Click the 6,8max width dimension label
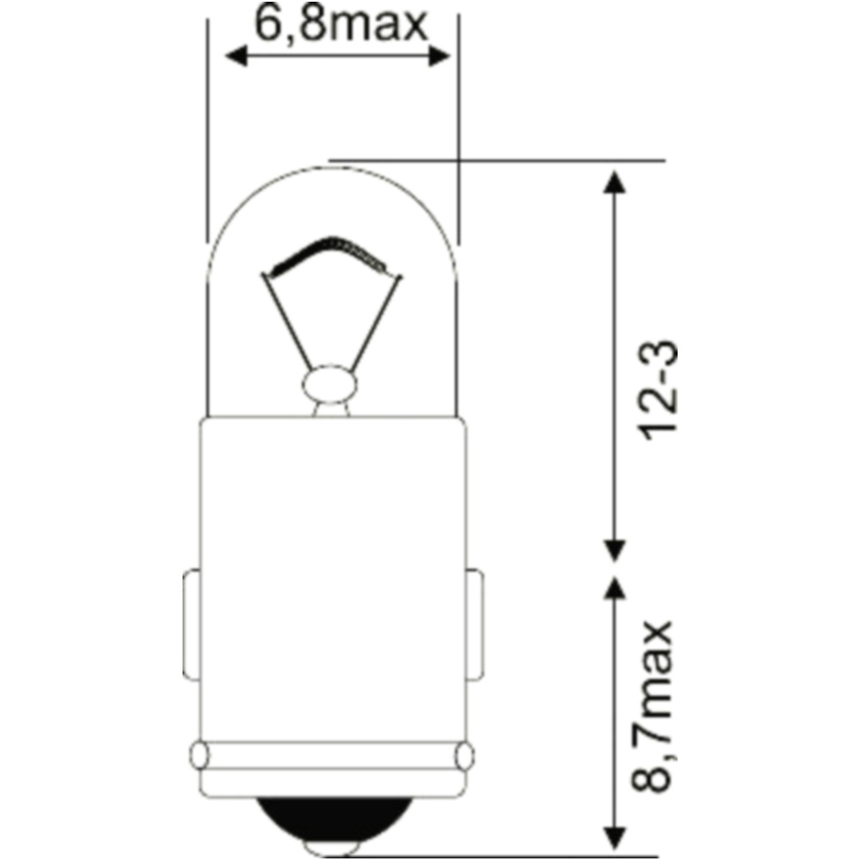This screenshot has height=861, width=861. coord(340,25)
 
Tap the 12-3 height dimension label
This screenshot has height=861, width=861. coord(660,390)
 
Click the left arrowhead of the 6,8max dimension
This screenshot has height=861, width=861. coord(236,56)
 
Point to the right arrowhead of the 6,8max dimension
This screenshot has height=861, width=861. coord(439,56)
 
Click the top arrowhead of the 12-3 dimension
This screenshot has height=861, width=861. coord(615,182)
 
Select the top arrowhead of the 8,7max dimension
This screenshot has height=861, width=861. coord(615,586)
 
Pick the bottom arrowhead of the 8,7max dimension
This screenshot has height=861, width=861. coord(615,838)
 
